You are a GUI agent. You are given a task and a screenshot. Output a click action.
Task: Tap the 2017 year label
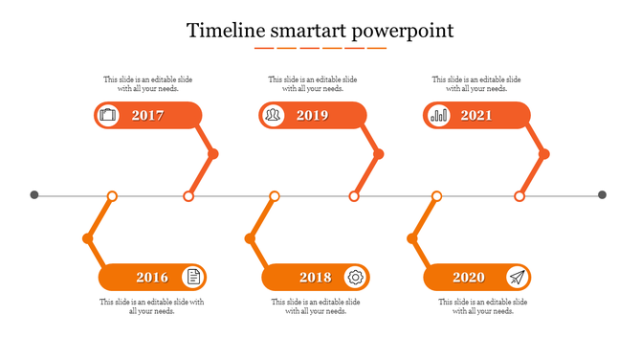148,116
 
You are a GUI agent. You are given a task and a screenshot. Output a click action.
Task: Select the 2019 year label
312,116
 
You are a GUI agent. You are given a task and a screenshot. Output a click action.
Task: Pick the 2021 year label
476,116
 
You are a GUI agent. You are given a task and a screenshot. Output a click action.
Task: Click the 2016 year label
152,278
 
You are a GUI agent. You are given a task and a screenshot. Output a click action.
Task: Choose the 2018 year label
315,278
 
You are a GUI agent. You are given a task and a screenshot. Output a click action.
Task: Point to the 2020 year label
468,278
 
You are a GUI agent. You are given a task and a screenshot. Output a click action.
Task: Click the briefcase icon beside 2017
107,116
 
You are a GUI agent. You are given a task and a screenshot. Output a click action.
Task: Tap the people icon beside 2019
274,116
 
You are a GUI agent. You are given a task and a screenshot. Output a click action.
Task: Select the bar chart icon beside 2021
439,116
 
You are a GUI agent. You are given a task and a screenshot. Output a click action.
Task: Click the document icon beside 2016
193,278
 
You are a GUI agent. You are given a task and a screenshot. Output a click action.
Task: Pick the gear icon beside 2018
356,278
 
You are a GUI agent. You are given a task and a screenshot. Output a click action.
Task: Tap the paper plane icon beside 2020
518,278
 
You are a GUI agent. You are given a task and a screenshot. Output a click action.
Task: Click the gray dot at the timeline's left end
34,195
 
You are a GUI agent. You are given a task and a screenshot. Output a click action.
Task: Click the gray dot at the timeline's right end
603,195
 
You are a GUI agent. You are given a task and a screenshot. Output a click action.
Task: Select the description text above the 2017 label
148,84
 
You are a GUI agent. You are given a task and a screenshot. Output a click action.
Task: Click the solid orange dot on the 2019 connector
379,154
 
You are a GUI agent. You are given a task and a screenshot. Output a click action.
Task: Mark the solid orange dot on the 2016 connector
88,238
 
